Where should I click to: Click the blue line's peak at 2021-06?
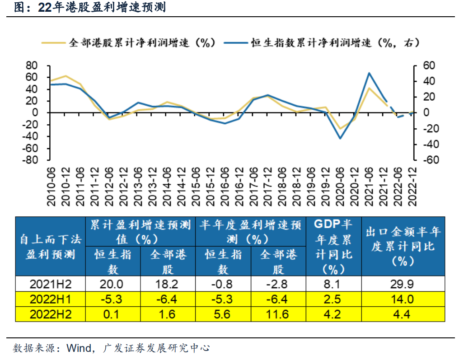pos(369,73)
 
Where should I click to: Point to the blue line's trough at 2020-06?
pos(340,138)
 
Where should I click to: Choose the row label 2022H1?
pos(51,299)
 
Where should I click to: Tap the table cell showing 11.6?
pos(278,314)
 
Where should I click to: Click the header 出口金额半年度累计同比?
pos(403,247)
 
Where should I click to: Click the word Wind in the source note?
pos(79,348)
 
